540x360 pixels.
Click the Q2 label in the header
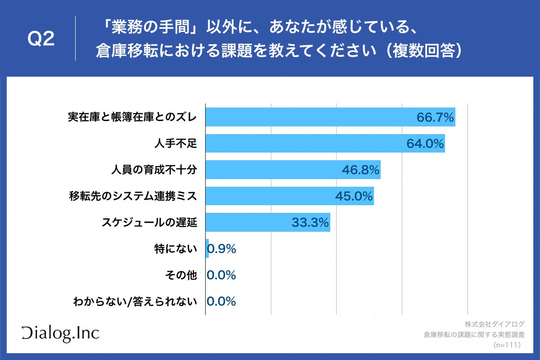coord(41,39)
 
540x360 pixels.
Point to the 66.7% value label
coord(435,118)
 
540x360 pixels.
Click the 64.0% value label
coord(425,144)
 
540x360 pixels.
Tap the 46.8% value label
coord(360,170)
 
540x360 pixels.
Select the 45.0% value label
coord(354,196)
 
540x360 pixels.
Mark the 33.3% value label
coord(310,222)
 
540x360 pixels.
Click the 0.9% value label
coord(222,249)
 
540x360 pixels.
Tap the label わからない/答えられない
coord(135,301)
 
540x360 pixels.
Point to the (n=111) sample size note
coord(507,345)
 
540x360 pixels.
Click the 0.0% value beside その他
coord(221,275)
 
